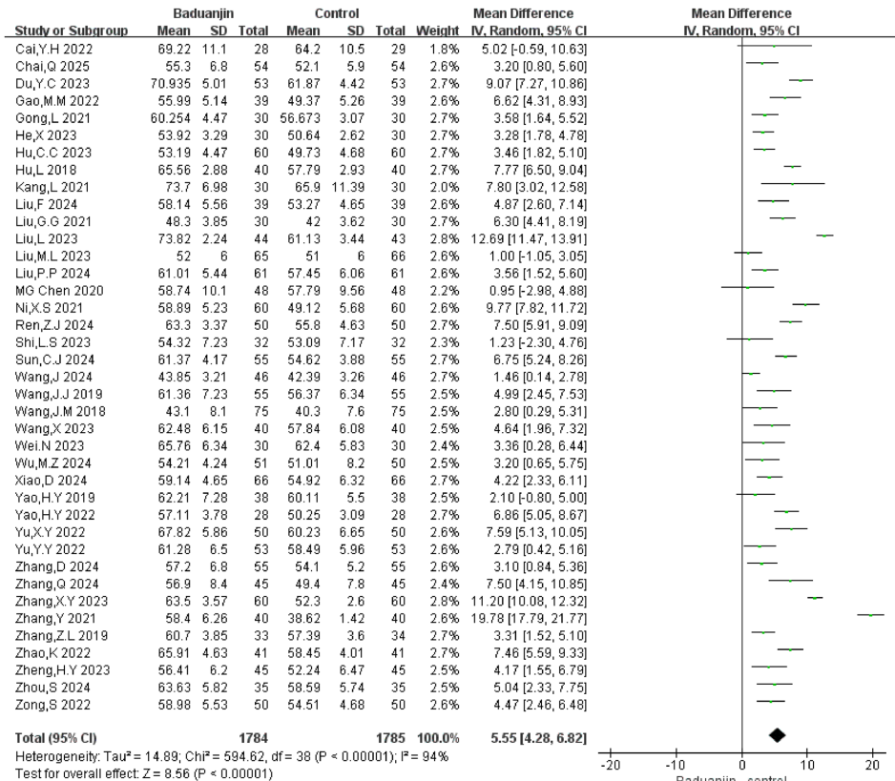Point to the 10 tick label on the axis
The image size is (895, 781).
coord(806,765)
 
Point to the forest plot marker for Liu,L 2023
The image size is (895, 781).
coord(824,235)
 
